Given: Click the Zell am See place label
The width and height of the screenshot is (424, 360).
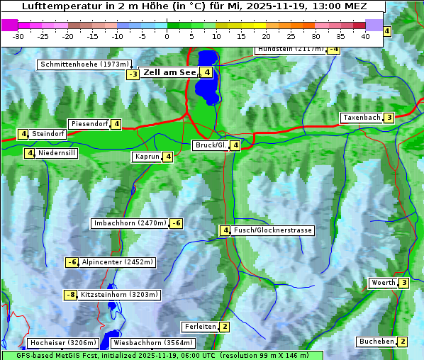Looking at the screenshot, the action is pos(169,72).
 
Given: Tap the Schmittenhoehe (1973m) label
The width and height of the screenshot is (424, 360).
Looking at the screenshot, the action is pos(84,64).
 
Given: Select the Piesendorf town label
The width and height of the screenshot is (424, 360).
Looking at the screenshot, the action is pos(89,124).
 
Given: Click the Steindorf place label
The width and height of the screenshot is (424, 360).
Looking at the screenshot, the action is pos(48,134).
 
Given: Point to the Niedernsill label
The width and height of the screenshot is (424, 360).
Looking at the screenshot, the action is pos(57,152).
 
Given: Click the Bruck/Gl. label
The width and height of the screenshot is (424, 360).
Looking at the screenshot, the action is pos(210,145).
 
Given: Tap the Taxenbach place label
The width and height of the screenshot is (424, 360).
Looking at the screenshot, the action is pos(361,118).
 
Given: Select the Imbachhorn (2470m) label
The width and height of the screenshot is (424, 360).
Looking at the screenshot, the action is pos(130,223).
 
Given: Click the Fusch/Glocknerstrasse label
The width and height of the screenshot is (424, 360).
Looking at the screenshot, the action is pos(273,230).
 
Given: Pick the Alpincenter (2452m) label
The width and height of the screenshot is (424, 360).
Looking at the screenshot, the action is pos(117,262).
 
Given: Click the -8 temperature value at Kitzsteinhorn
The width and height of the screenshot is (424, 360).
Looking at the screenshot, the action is pos(70,295).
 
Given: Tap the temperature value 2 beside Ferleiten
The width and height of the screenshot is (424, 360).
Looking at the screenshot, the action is pos(224,327).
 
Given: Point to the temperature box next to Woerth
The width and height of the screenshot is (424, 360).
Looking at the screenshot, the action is pos(403,283).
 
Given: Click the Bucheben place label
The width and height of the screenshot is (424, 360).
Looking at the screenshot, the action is pos(375,342).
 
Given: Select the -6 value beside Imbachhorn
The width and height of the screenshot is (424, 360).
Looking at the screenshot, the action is pos(177,223).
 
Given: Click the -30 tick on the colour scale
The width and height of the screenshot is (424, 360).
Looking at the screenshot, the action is pos(18,35).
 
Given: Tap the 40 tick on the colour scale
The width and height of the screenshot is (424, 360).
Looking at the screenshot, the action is pos(365,35).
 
